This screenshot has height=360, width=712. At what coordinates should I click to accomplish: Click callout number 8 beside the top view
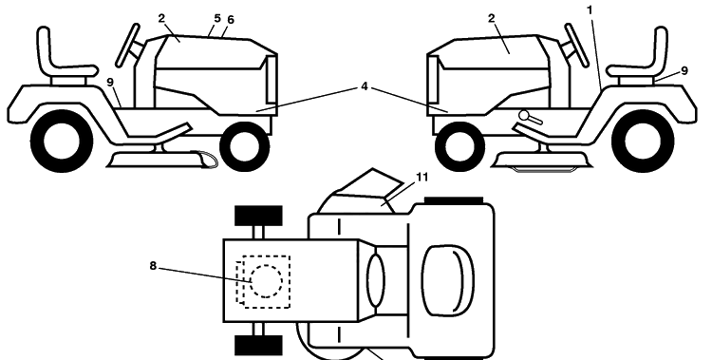coord(153,266)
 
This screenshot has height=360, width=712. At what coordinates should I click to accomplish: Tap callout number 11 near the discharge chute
coord(422,177)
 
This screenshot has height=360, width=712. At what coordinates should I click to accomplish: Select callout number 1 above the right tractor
coord(590,10)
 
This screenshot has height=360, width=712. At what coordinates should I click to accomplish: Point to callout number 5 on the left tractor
coord(217,18)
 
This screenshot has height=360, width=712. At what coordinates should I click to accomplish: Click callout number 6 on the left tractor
coord(231,20)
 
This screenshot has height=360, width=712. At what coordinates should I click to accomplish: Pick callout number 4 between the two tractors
coord(365,85)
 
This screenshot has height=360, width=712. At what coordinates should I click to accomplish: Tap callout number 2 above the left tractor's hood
coord(162,18)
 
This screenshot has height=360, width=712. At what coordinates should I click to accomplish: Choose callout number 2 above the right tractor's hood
coord(492,18)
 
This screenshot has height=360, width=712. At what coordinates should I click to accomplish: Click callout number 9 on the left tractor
coord(110,83)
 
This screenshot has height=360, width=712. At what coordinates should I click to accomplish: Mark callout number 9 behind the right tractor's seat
coord(684,71)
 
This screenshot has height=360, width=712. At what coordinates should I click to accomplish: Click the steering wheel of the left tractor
coord(127,45)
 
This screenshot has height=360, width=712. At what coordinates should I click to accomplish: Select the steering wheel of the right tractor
coord(576,45)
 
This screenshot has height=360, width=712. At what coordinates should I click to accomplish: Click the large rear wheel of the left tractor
coord(62,141)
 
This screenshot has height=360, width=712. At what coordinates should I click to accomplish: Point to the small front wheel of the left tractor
coord(245,147)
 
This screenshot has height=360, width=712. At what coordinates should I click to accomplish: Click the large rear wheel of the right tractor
coord(643,141)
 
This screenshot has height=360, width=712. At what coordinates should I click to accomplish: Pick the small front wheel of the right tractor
coord(459,147)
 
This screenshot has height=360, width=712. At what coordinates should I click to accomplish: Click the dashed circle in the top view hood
coord(266,281)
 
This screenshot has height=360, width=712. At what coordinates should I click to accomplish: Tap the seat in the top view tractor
coord(448,280)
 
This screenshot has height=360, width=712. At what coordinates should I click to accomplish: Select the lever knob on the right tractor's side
coord(524,116)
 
